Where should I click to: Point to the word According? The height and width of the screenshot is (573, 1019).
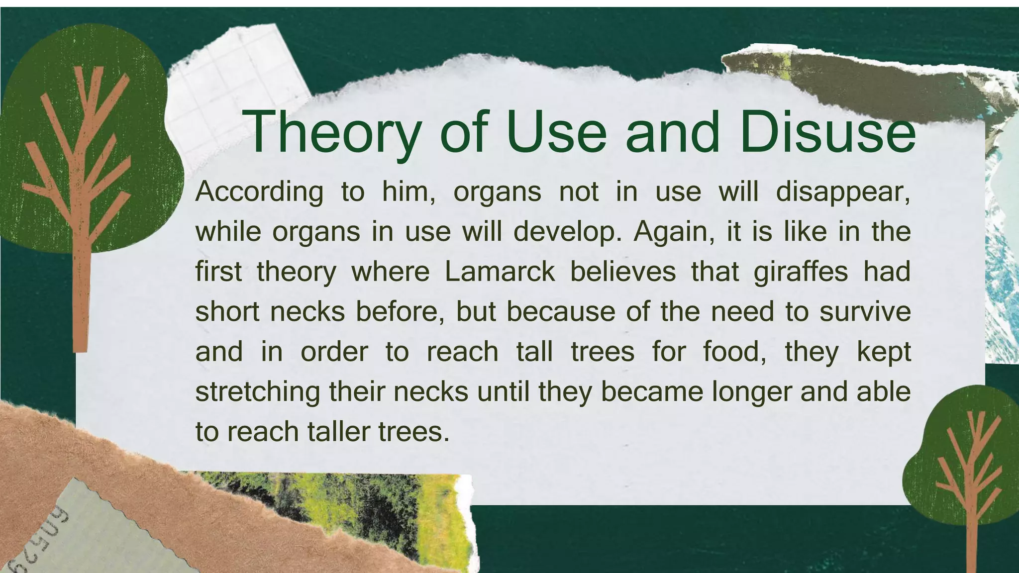click(x=259, y=192)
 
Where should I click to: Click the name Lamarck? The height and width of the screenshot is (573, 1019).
click(x=499, y=272)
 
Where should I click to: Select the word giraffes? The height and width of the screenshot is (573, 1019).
click(x=801, y=272)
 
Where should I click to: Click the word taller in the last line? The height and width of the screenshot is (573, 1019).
click(x=338, y=431)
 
